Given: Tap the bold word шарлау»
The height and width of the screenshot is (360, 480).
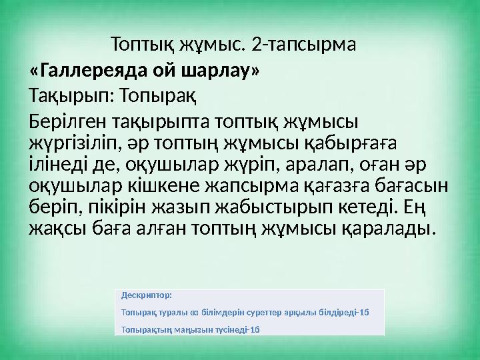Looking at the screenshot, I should (x=219, y=70).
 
